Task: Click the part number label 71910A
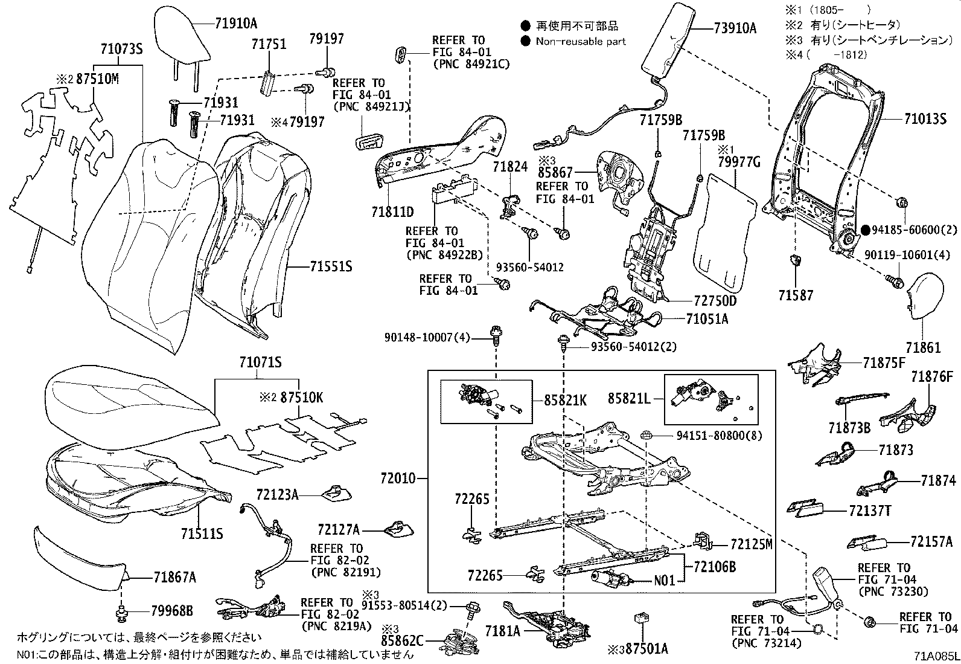click(236, 24)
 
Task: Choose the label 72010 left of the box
click(398, 479)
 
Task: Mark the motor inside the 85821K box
click(477, 396)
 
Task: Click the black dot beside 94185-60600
click(866, 230)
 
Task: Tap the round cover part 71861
click(926, 295)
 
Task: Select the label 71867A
click(175, 578)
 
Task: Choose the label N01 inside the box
click(665, 581)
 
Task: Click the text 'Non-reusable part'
click(581, 42)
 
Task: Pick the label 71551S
click(331, 266)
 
